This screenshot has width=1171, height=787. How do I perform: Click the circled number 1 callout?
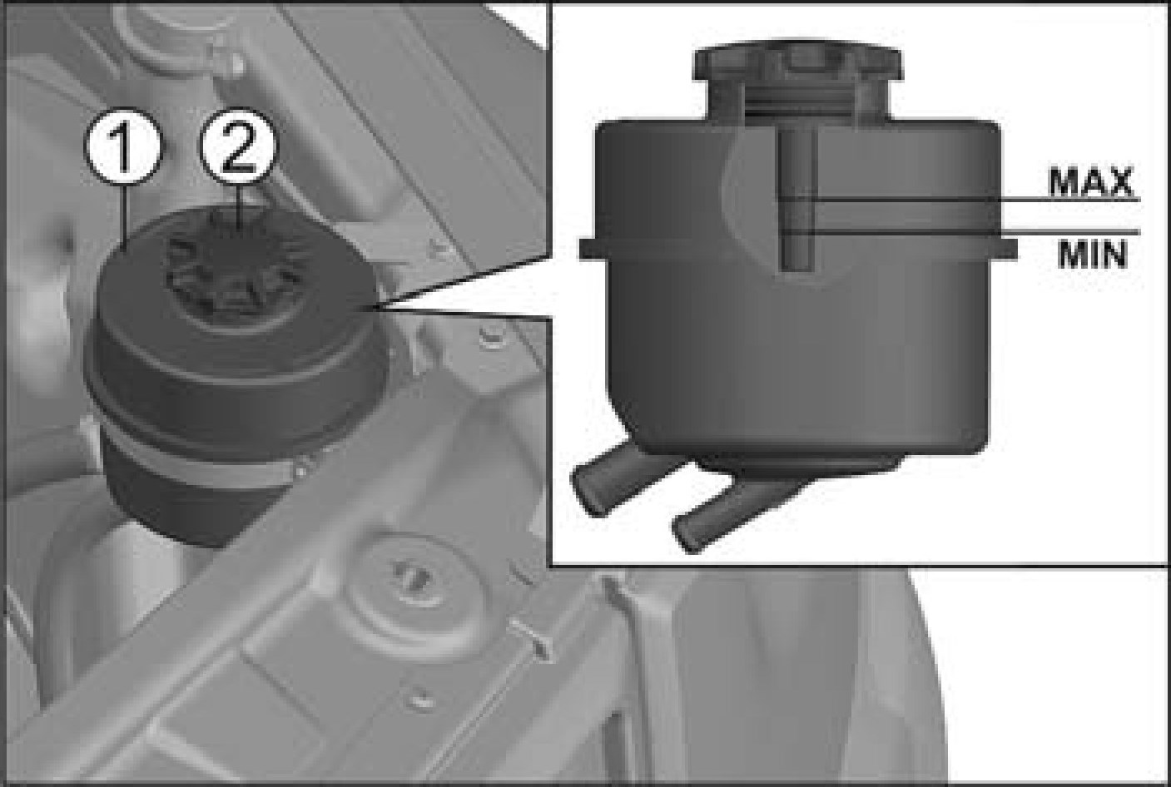coord(123,146)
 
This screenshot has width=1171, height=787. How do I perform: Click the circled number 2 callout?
coord(238,146)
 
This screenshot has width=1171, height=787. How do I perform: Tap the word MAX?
coord(1090,182)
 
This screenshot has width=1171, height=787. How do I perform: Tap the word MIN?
coord(1092,255)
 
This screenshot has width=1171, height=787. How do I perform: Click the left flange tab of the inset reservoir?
coord(594,249)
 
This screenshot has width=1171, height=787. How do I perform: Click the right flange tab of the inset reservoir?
coord(1004,249)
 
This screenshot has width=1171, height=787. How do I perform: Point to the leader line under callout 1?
coord(124,218)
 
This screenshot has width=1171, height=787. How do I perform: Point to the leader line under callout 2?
coord(239,206)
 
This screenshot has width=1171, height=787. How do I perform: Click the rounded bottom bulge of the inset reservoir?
coord(800,464)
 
